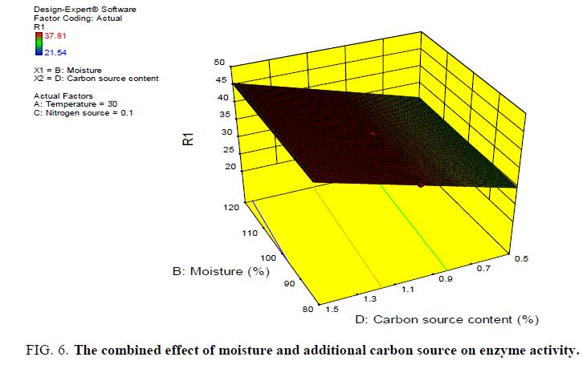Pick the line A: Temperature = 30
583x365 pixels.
pyautogui.click(x=73, y=105)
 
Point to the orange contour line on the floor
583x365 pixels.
pyautogui.click(x=345, y=241)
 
